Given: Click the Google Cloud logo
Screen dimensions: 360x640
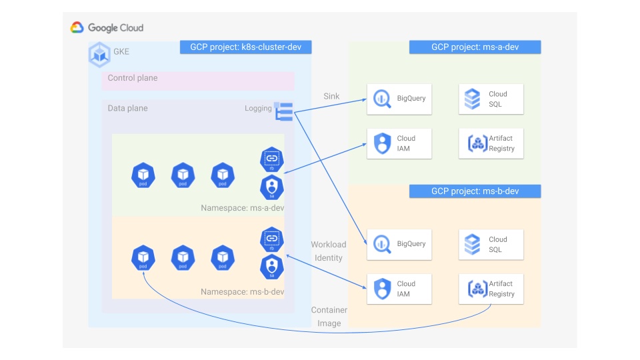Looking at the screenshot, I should coord(107,28).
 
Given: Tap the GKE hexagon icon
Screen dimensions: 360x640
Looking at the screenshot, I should coord(99,54).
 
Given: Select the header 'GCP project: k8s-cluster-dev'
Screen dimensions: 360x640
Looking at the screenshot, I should coord(245,47).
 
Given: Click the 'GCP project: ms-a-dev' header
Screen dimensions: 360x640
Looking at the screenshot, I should coord(475,47).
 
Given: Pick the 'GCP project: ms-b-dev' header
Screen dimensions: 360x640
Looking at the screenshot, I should coord(475,191).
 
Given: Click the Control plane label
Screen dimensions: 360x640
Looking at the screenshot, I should coord(133,78).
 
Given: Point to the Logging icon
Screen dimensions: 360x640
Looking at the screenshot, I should coord(284,111).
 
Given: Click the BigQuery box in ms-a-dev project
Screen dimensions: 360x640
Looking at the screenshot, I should coord(399,99).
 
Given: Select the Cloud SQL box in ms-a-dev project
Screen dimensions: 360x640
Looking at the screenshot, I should coord(491,99).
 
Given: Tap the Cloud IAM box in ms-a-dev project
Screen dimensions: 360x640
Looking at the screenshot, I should coord(399,143).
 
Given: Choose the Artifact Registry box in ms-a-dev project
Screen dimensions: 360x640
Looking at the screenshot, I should coord(491,143).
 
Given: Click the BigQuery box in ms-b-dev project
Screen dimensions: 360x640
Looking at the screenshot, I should coord(399,244).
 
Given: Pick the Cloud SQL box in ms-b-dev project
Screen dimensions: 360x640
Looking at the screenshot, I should coord(491,244).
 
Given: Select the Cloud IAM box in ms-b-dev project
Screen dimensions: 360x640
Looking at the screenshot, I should coord(399,289).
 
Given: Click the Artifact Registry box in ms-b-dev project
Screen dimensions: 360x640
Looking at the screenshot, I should coord(491,289).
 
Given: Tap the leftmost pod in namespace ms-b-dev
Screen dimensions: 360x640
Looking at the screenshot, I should coord(143,257).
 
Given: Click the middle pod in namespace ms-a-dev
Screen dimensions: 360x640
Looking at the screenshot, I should coord(183,175).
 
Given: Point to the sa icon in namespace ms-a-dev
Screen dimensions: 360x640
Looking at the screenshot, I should coord(271,187).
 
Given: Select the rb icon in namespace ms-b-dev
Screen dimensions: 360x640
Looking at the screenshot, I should coord(271,239).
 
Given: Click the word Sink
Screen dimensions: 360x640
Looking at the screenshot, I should coord(331,97).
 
